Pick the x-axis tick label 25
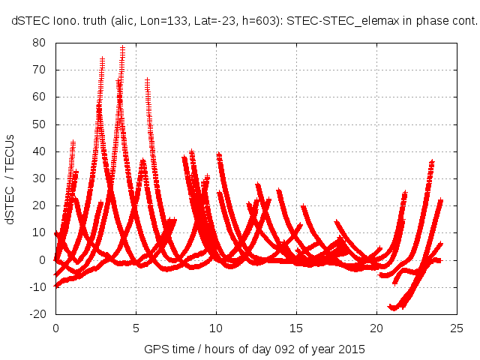pos(457,328)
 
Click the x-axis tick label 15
pos(297,328)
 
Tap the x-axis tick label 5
pos(136,328)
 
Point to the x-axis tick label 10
pos(216,328)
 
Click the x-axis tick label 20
pos(377,328)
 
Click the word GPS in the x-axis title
pos(157,349)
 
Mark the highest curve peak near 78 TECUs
pos(122,49)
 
